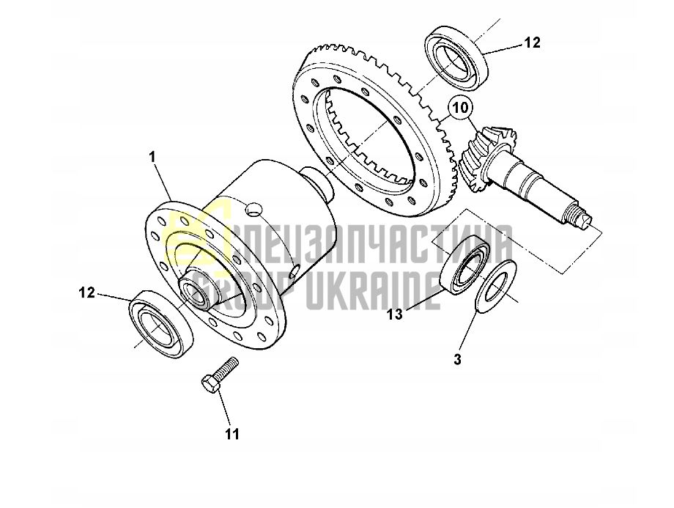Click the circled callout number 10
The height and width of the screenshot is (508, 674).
click(x=460, y=108)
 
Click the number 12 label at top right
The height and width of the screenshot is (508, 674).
click(x=532, y=43)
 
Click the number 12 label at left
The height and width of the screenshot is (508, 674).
click(x=86, y=293)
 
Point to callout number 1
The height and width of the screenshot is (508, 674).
click(x=152, y=158)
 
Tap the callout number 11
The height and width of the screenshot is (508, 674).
click(x=232, y=434)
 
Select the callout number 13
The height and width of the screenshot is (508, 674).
click(x=395, y=314)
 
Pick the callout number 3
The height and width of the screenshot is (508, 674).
click(x=457, y=359)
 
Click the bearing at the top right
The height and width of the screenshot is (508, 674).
click(x=457, y=58)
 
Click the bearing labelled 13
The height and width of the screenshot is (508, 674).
click(x=467, y=264)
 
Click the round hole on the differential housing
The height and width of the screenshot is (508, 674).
click(x=253, y=210)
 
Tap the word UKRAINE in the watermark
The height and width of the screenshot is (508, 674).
click(x=372, y=290)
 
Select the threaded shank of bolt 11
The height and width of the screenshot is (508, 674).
click(x=227, y=367)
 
